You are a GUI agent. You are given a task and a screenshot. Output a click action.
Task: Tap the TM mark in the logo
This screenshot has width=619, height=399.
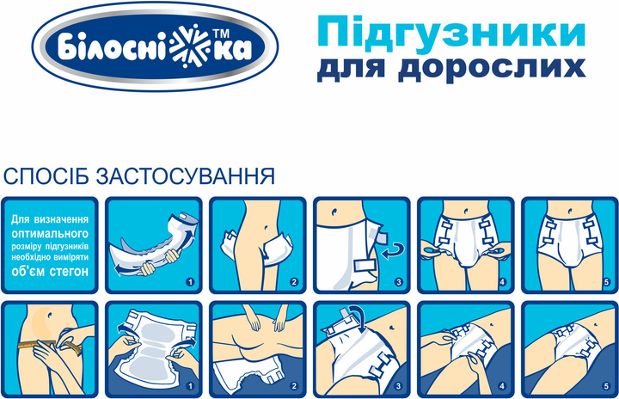point(222,34)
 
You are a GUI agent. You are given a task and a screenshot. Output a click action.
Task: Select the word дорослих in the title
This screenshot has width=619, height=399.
point(491,68)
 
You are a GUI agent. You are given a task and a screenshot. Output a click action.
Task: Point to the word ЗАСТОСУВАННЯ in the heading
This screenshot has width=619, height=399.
point(185,176)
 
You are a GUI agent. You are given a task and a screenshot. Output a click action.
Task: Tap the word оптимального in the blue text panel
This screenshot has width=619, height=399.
point(50,234)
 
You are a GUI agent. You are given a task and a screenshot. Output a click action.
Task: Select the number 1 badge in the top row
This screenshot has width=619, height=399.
point(190,282)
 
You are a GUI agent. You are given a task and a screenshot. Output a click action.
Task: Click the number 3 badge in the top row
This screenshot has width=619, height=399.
point(398,282)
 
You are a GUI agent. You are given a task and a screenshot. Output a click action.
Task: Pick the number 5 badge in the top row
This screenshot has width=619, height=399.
point(607,282)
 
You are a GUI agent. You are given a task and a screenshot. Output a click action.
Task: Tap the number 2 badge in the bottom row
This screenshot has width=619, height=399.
point(294,386)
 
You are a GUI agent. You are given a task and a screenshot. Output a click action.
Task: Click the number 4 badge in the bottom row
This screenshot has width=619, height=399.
point(502,386)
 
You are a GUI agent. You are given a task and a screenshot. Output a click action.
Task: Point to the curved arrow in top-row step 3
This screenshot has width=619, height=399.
point(395,252)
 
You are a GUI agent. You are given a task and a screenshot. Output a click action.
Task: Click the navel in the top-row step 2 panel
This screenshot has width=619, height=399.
point(267,228)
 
